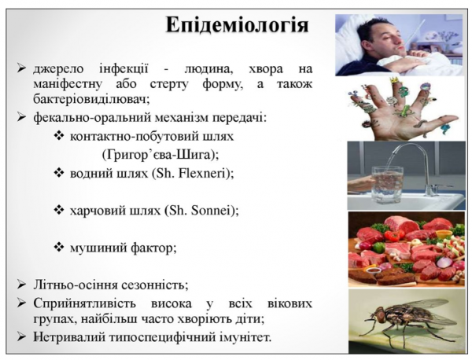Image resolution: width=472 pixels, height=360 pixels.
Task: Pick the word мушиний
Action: [96, 247]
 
